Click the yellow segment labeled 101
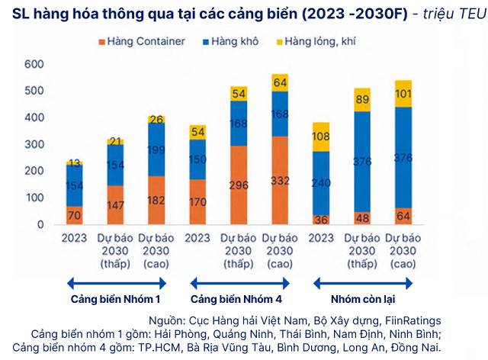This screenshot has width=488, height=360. (403, 93)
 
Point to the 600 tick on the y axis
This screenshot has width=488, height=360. (35, 64)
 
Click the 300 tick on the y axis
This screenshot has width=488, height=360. (35, 144)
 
